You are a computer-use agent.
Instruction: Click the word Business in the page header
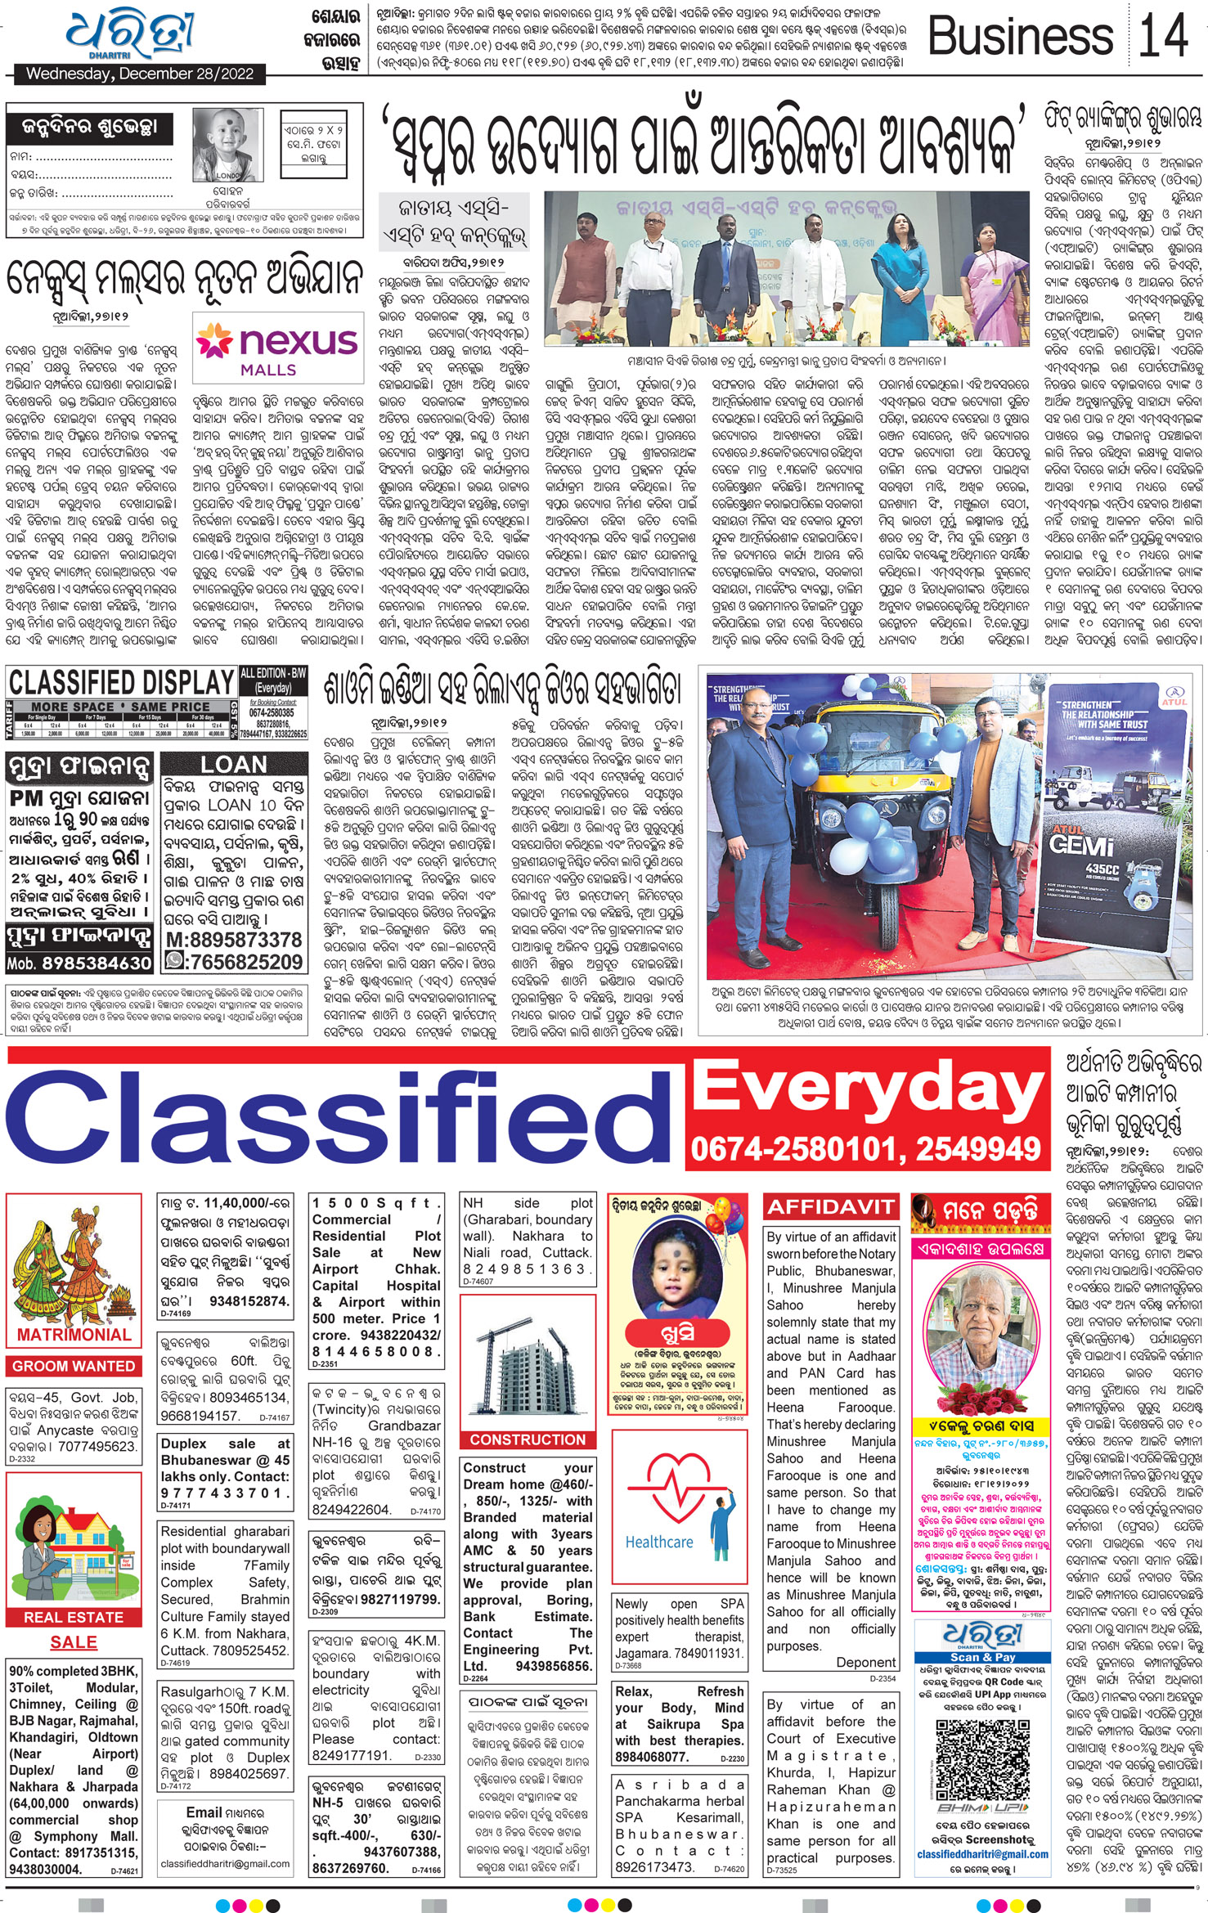point(1021,37)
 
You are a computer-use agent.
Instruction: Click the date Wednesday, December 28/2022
point(134,74)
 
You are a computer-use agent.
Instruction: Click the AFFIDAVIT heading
point(830,1206)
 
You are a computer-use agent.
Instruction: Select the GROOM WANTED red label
point(74,1366)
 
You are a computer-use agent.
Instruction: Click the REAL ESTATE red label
point(74,1617)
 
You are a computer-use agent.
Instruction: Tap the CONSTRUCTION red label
point(528,1439)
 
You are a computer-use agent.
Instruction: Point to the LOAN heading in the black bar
point(234,765)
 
